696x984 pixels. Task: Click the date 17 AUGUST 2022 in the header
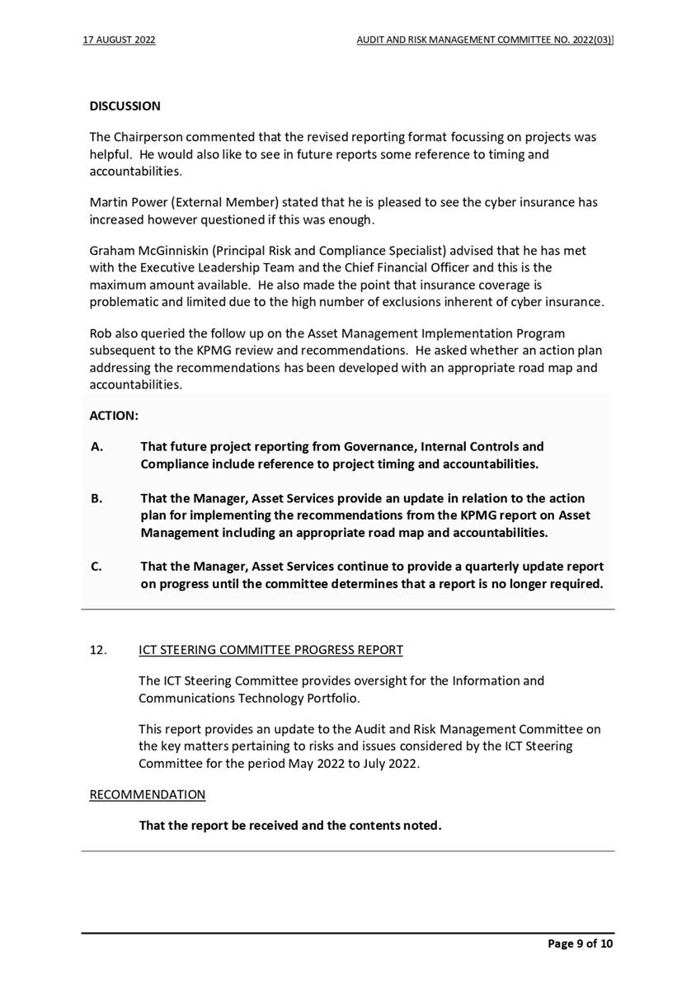[x=120, y=40]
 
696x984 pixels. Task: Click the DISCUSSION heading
[x=125, y=106]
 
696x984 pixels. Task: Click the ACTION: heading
[x=113, y=416]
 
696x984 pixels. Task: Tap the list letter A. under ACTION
[x=96, y=446]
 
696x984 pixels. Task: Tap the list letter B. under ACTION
[x=96, y=498]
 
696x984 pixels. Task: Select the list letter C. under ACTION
[x=96, y=567]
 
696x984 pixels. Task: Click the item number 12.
[x=98, y=650]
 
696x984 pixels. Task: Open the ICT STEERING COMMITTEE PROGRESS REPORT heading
[x=271, y=650]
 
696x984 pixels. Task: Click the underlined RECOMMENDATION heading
[x=148, y=794]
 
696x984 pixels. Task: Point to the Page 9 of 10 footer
[x=581, y=944]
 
